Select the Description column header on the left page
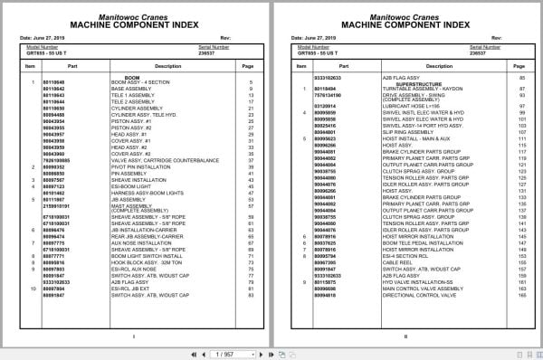[142, 66]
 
